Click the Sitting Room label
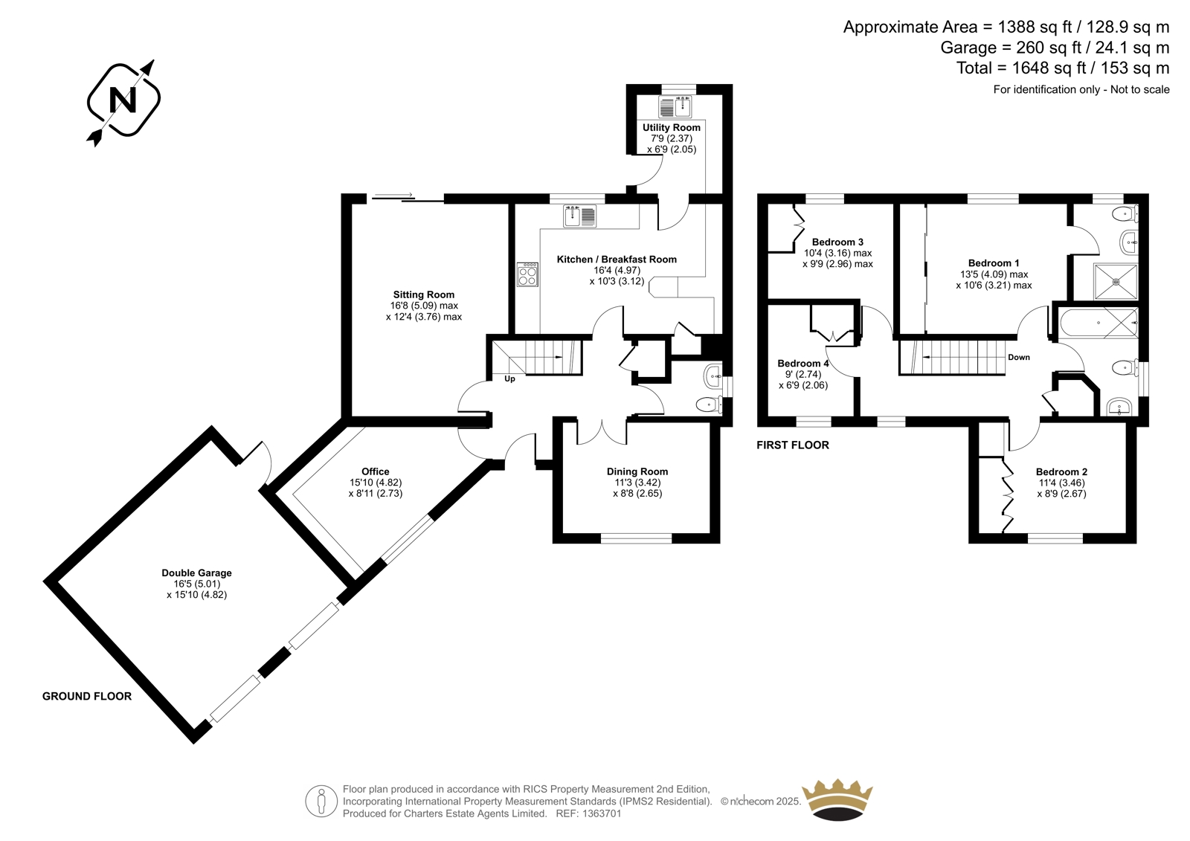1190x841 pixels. [x=423, y=294]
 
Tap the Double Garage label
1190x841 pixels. [x=196, y=573]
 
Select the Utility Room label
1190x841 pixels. [x=672, y=127]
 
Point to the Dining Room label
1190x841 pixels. [x=637, y=471]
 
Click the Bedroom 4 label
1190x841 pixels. [x=803, y=364]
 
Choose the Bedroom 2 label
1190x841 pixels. [x=1061, y=471]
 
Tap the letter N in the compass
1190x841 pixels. [x=123, y=100]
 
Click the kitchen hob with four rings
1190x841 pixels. [x=527, y=274]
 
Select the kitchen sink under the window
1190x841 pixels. [x=579, y=216]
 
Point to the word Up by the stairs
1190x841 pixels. [x=509, y=378]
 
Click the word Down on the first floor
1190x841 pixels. [x=1019, y=357]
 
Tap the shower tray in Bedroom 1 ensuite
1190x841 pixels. [x=1116, y=282]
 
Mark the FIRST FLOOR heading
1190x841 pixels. [x=793, y=445]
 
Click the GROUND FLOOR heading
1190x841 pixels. [x=86, y=696]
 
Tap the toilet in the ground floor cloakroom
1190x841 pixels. [x=709, y=405]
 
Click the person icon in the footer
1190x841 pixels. [x=321, y=801]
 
